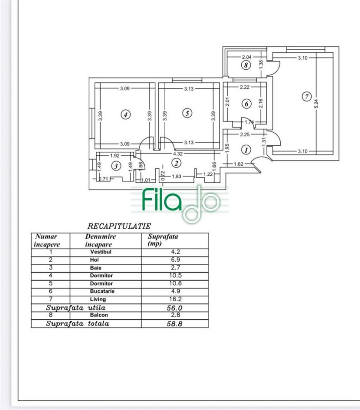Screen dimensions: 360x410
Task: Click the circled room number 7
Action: click(x=306, y=97)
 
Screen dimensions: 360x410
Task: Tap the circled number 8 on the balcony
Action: click(x=246, y=65)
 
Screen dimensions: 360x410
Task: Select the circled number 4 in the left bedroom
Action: click(x=126, y=114)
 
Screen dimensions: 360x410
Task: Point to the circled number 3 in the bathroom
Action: click(x=116, y=166)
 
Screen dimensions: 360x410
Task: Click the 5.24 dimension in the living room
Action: click(x=316, y=104)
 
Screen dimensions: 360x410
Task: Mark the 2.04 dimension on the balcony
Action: click(x=247, y=57)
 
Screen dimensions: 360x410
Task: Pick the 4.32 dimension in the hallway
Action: click(x=178, y=154)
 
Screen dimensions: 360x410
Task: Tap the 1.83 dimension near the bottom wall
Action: click(x=177, y=176)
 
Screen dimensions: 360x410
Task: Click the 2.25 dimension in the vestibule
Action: click(x=245, y=134)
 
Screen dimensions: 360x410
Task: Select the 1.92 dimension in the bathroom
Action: click(x=115, y=156)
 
